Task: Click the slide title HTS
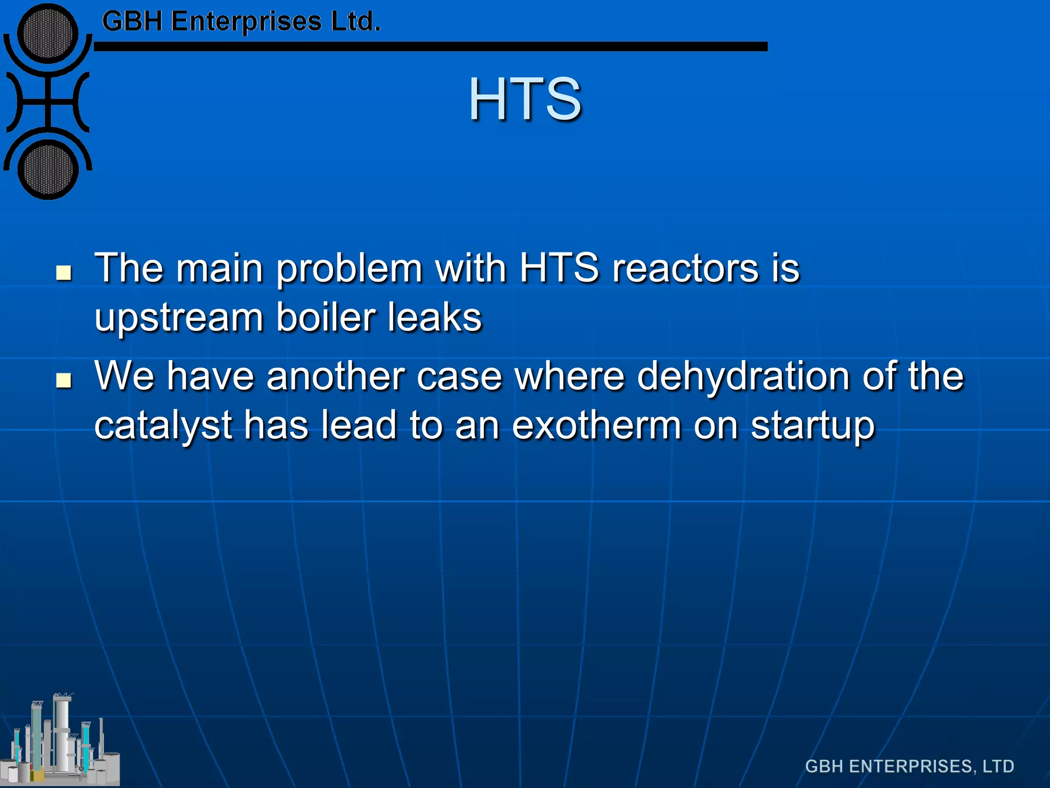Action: click(525, 98)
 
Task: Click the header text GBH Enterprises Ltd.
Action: click(241, 22)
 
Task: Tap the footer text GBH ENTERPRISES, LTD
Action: click(910, 766)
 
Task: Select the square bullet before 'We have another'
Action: click(64, 380)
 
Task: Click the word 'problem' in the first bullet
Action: click(349, 269)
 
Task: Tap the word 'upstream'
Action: click(179, 318)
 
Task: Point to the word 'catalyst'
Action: click(163, 426)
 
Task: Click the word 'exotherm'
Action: click(597, 426)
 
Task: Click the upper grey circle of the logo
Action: click(48, 33)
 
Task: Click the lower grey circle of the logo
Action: click(48, 170)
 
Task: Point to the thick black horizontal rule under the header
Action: click(431, 47)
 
